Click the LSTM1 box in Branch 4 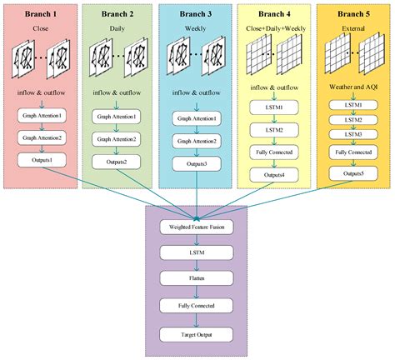coord(274,107)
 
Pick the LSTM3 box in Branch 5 coord(352,133)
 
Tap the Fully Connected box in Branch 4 coord(274,152)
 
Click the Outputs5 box coord(352,173)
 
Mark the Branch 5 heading coord(352,14)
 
